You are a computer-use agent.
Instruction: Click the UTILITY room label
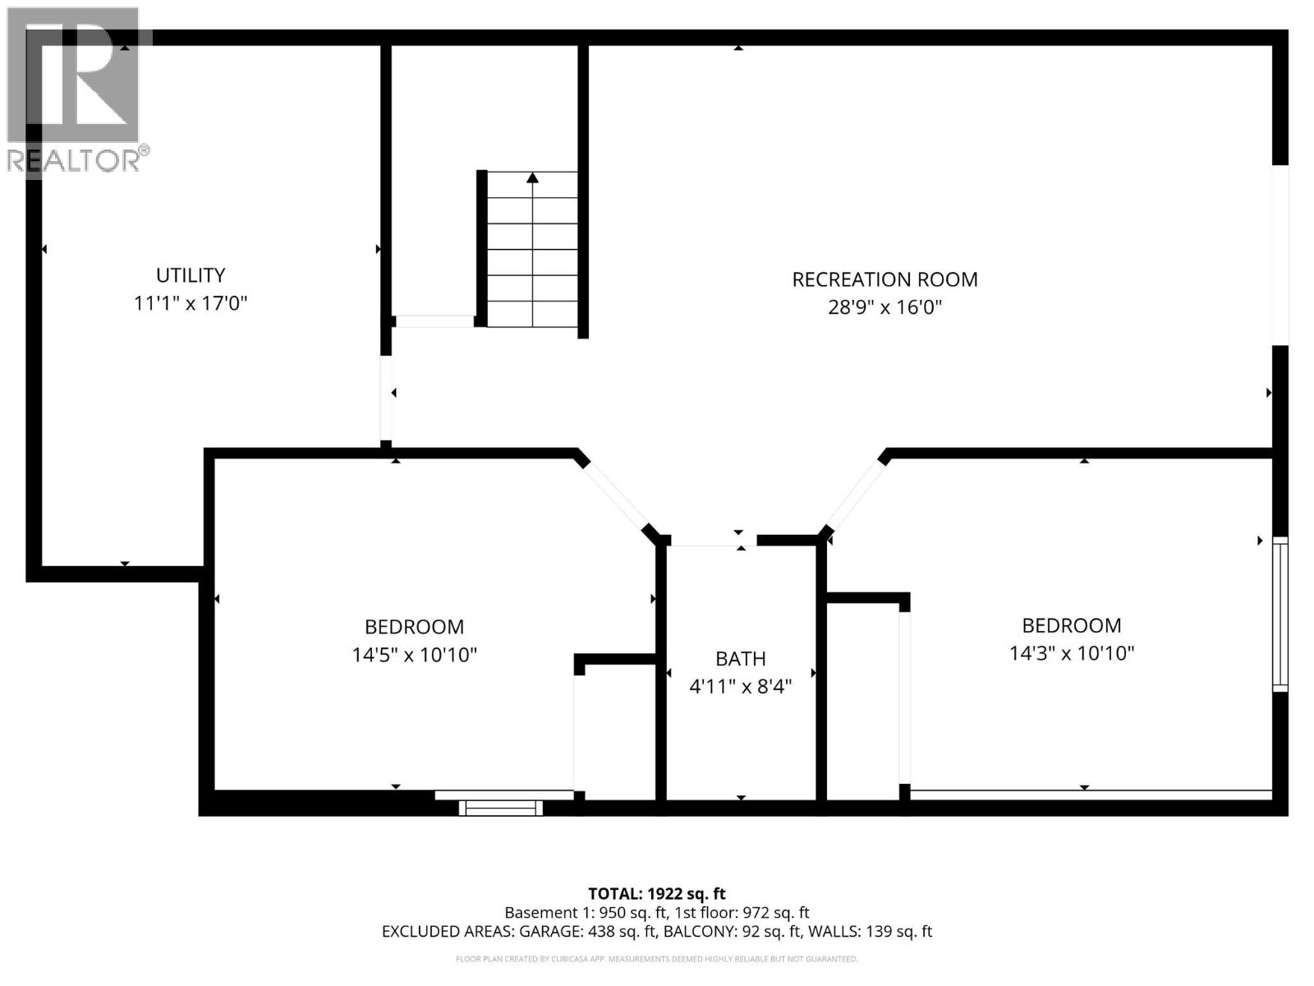tap(191, 275)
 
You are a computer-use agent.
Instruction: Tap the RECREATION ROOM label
tap(884, 279)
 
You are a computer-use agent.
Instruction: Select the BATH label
tap(740, 658)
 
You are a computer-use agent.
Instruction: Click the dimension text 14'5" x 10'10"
tap(414, 655)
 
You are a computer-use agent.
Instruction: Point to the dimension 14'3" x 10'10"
tap(1071, 653)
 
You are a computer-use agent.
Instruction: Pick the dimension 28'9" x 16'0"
tap(884, 307)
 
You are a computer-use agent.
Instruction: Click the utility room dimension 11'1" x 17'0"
tap(191, 303)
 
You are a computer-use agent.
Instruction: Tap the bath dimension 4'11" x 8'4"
tap(740, 686)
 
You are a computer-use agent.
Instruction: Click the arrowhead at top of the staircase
tap(533, 177)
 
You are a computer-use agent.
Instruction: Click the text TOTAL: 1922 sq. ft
tap(657, 893)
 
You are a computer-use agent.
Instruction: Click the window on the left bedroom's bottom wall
tap(500, 808)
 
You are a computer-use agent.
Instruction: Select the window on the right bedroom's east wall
tap(1280, 613)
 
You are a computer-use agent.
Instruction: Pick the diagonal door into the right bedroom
tap(854, 497)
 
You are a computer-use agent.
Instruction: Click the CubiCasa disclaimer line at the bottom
tap(657, 959)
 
